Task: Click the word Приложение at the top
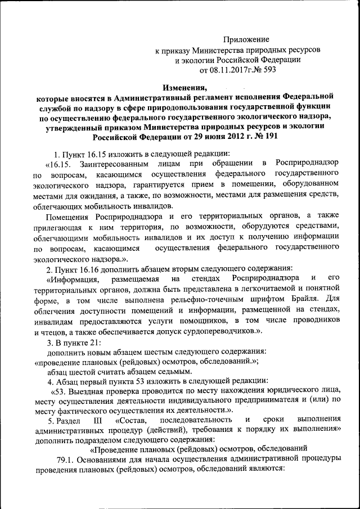click(246, 39)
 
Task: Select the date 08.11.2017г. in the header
click(232, 71)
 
